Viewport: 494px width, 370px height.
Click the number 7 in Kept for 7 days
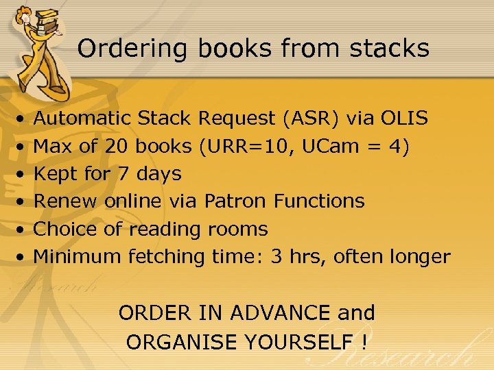coord(123,174)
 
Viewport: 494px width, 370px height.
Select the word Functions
coord(319,201)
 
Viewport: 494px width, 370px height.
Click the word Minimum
coord(77,257)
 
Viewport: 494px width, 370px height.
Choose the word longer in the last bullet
coord(419,257)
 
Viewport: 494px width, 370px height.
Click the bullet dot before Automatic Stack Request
coord(23,120)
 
